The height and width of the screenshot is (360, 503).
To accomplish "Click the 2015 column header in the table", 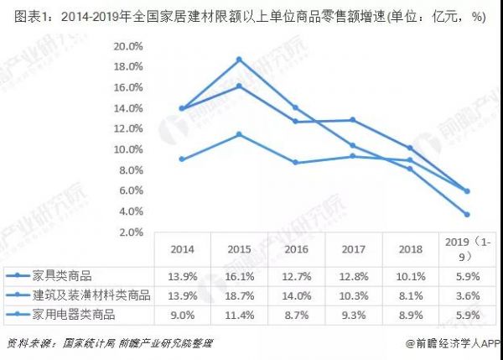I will point(239,249).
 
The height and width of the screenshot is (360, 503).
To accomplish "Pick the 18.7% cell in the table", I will point(239,295).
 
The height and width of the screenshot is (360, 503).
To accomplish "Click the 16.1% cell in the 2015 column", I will point(239,276).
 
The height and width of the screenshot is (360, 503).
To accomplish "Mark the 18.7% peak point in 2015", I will point(239,60).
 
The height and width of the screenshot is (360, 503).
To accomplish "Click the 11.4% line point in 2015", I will point(239,134).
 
